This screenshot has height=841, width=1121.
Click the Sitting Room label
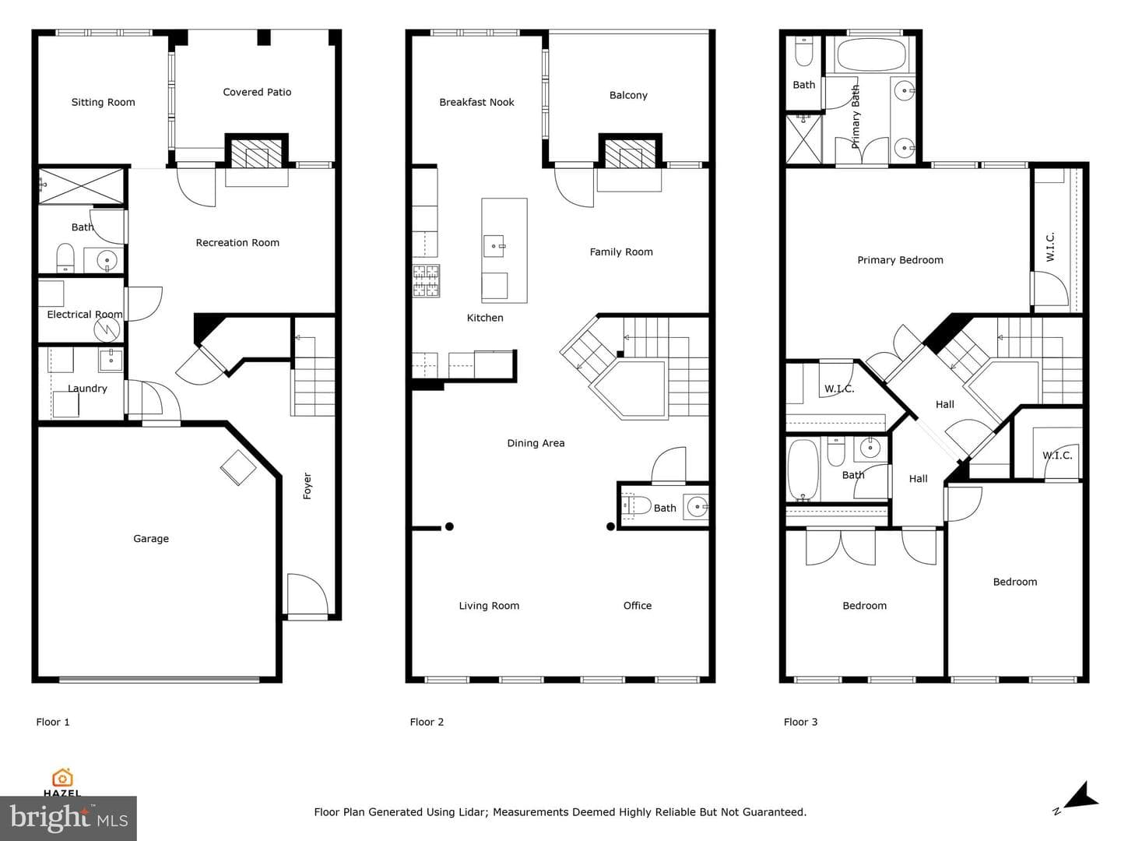(x=104, y=102)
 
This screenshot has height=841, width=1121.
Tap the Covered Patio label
(x=257, y=92)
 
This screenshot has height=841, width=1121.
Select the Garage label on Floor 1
(x=151, y=538)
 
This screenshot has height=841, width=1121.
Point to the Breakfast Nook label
(x=476, y=102)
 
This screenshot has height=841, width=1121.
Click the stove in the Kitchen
(x=426, y=280)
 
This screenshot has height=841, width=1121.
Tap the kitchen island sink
(x=494, y=246)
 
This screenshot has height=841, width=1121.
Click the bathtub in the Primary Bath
(x=871, y=55)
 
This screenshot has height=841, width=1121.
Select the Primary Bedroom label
(x=900, y=260)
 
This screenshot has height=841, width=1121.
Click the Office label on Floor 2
(x=638, y=606)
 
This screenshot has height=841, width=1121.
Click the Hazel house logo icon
(x=62, y=778)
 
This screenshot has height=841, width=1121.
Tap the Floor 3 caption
(x=800, y=722)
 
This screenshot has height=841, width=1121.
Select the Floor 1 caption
(x=53, y=722)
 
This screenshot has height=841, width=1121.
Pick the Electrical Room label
(x=85, y=314)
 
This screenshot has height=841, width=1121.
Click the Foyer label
(x=307, y=486)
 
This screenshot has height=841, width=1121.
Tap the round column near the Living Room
(x=449, y=526)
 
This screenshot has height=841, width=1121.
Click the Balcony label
(x=628, y=95)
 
